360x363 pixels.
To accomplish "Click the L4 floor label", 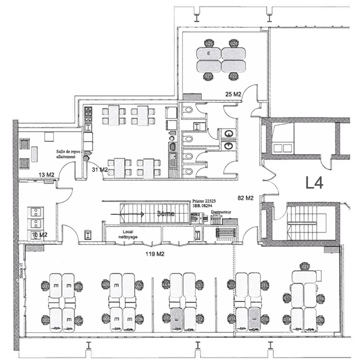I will [318, 182].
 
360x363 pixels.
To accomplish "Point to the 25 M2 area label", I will [233, 94].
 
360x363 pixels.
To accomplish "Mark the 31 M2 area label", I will [100, 170].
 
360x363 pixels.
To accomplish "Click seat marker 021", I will [305, 266].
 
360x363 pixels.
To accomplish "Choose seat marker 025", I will [209, 44].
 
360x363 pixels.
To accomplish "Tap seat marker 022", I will [234, 76].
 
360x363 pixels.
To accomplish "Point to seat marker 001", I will [45, 287].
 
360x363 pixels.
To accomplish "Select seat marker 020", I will [320, 320].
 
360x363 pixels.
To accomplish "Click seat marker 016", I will [265, 320].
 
